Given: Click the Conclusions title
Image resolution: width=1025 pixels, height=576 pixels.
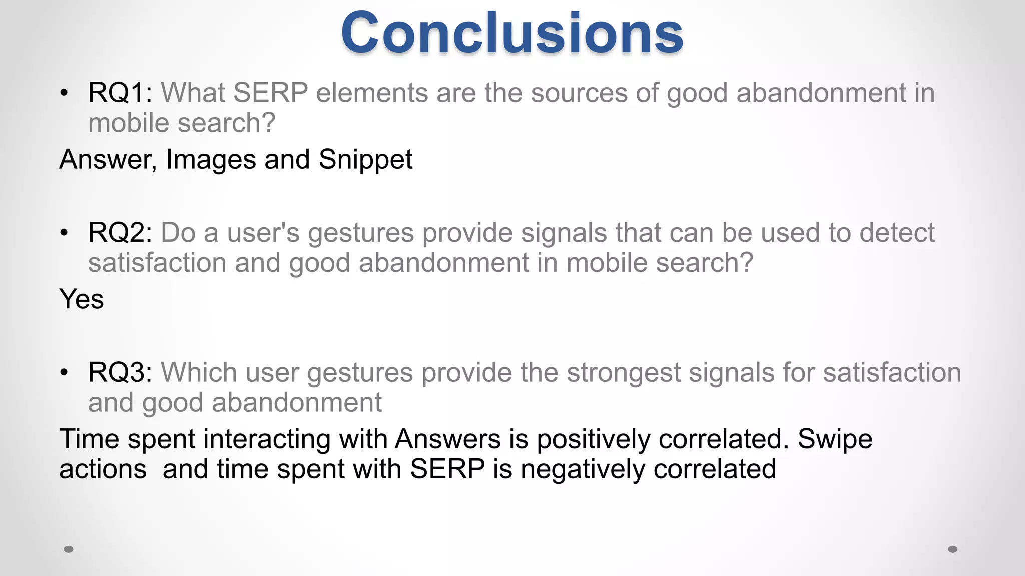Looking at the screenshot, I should click(x=512, y=34).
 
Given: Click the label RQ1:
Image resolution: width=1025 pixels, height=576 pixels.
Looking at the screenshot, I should click(x=120, y=93).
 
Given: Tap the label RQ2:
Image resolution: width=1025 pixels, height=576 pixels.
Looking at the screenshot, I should click(x=120, y=233).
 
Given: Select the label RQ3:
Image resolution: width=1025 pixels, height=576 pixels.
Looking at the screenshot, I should click(x=120, y=373).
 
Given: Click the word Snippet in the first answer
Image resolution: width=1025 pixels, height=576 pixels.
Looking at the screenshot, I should click(x=365, y=160).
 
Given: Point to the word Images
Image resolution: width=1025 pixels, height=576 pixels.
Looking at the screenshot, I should click(x=211, y=160).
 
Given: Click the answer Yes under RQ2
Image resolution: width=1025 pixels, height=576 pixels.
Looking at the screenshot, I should click(x=81, y=299).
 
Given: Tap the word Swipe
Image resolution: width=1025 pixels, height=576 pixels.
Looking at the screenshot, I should click(x=835, y=440).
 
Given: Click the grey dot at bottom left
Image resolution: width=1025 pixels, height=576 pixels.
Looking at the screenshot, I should click(x=69, y=549).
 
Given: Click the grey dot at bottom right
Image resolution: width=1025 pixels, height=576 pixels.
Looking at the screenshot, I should click(x=953, y=549).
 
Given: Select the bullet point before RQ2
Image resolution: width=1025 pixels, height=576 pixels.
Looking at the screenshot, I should click(x=64, y=233).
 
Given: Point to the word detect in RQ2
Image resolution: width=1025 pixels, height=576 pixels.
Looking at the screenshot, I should click(x=896, y=233).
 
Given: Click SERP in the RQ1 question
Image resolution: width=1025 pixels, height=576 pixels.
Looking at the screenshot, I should click(x=270, y=93).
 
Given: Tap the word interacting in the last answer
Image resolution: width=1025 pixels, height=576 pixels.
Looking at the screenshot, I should click(x=267, y=440).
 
